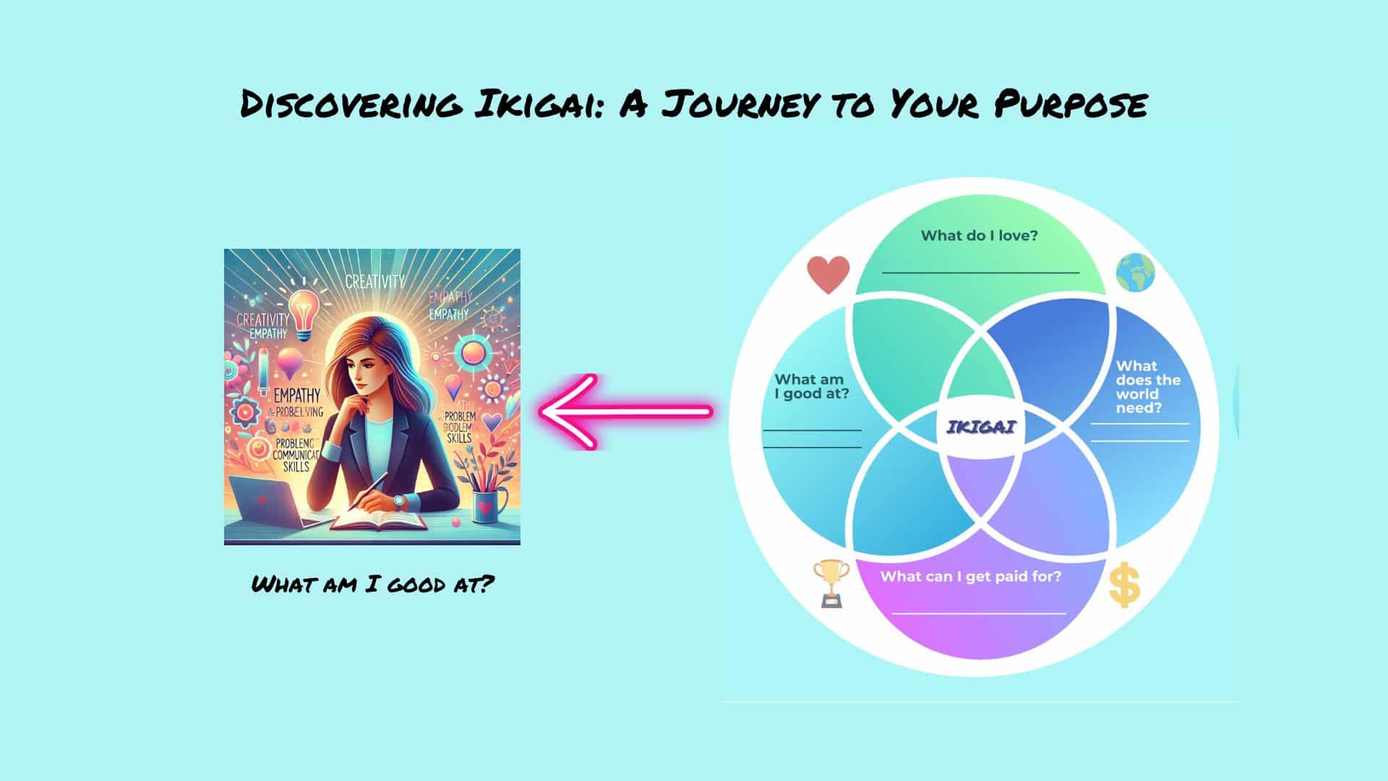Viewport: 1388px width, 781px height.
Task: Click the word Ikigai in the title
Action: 532,104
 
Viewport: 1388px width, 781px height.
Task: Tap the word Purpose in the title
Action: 1070,104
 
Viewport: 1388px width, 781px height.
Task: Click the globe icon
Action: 1135,273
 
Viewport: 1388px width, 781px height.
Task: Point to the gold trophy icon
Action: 828,582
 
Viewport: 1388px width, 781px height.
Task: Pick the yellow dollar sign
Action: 1124,586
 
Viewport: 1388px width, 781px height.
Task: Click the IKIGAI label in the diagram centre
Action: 981,427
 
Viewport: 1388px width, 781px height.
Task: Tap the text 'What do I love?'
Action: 979,236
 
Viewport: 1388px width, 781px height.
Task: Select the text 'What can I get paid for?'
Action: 970,577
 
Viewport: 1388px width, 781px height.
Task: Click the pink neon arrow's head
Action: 564,412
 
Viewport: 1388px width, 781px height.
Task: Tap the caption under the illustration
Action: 372,584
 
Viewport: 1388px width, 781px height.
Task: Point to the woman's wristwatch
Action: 399,500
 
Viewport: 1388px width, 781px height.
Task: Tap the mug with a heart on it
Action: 484,506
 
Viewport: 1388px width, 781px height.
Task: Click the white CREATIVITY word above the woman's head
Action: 374,281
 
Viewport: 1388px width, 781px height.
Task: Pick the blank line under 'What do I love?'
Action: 980,273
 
